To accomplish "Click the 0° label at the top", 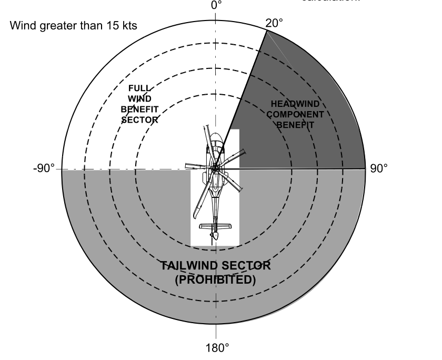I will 216,5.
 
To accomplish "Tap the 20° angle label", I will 274,23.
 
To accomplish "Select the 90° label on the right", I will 378,169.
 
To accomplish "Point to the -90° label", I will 44,169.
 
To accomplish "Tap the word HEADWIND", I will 295,104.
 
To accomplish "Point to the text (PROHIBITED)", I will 216,279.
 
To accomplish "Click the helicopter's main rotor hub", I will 216,167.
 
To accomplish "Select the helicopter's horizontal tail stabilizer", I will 216,226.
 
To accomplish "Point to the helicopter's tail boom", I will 215,208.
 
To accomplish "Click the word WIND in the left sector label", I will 140,99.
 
